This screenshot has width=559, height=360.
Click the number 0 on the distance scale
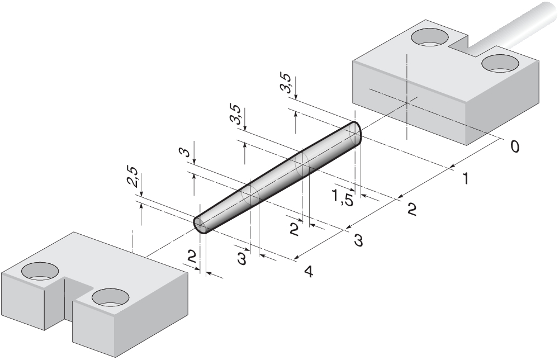click(514, 146)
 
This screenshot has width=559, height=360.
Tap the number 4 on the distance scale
click(308, 272)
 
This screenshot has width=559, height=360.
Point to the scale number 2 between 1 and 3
click(411, 210)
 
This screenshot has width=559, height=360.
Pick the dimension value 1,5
click(342, 198)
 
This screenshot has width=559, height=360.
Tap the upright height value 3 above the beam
click(188, 151)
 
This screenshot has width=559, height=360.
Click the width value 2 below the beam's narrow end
click(192, 257)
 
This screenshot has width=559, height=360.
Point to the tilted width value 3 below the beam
click(242, 259)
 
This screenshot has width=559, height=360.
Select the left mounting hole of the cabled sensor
click(429, 38)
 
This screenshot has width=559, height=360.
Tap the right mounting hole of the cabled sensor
click(500, 63)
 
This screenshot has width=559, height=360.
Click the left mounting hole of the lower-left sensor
click(40, 272)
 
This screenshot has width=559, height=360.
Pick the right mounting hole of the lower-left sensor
click(110, 297)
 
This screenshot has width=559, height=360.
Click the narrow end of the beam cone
click(200, 225)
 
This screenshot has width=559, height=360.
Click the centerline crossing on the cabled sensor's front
click(408, 102)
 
